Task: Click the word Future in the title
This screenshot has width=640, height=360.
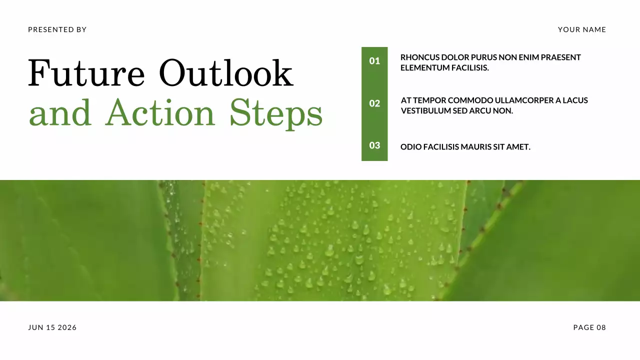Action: click(x=86, y=73)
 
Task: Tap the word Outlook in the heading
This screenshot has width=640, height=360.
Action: click(x=226, y=73)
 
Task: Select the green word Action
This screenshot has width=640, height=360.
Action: click(x=160, y=112)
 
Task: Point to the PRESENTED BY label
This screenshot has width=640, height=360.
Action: click(x=57, y=30)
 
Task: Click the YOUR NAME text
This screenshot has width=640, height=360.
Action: click(x=582, y=30)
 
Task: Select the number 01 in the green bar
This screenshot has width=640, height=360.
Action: click(x=374, y=61)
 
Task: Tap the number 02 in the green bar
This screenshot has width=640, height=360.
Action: click(x=374, y=103)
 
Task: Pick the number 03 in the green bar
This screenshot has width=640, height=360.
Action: click(x=374, y=145)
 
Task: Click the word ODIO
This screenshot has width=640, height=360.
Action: click(x=410, y=147)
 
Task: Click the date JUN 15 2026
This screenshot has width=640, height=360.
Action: click(x=52, y=327)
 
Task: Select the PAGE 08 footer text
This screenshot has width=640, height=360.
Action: click(x=589, y=327)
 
